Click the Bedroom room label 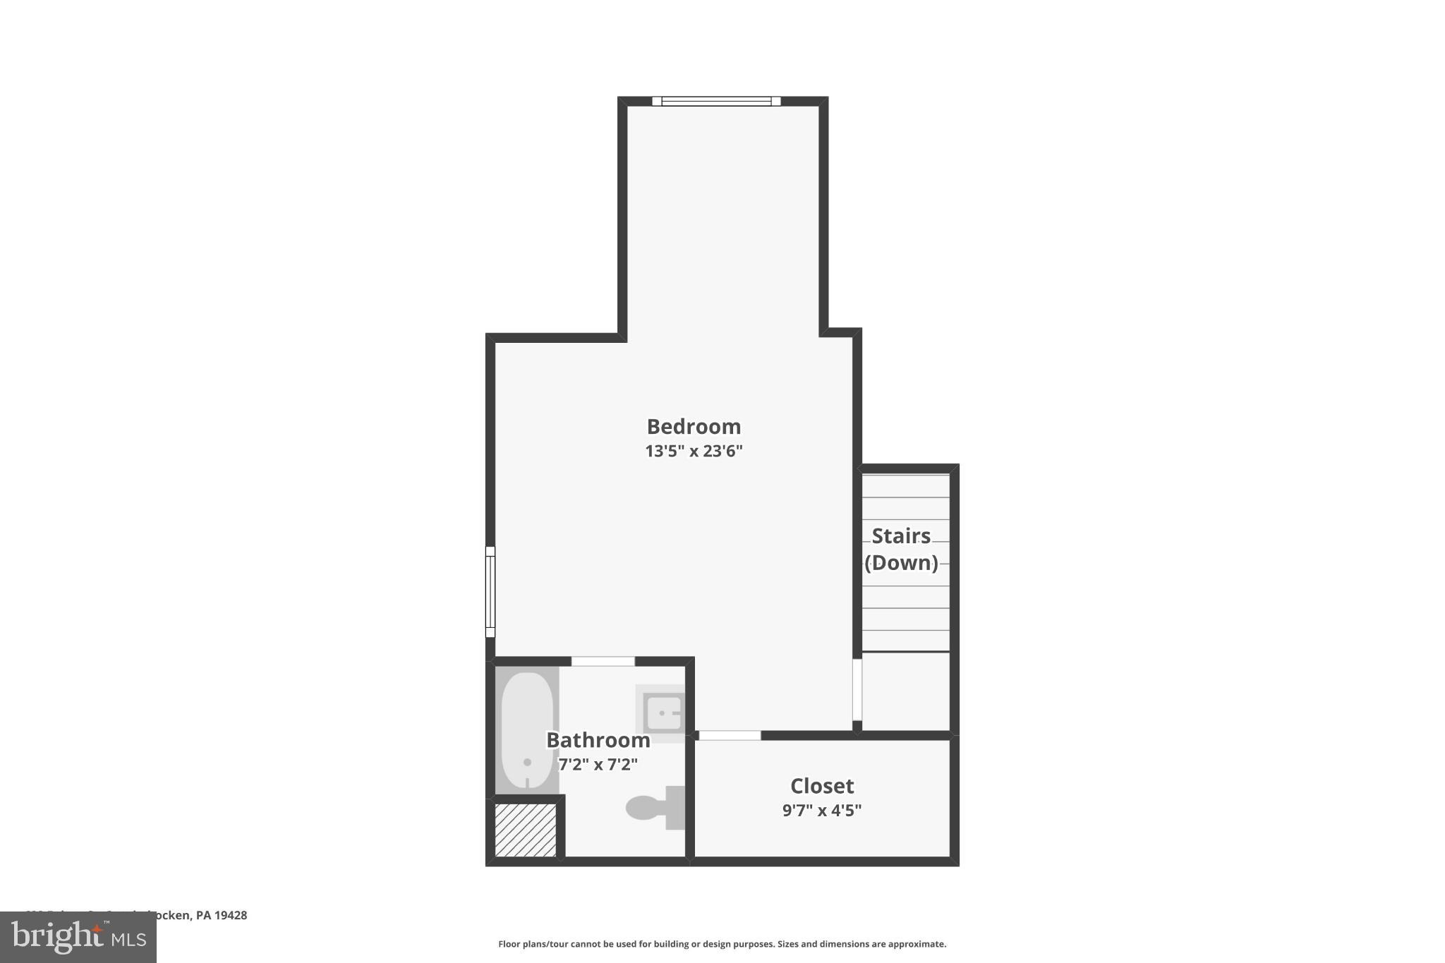[x=694, y=427]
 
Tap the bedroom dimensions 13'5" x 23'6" [x=694, y=452]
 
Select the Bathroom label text [x=598, y=740]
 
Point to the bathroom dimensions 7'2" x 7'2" [x=598, y=764]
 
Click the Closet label [x=822, y=786]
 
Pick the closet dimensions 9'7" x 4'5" [x=822, y=810]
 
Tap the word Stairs [x=901, y=536]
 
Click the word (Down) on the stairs [x=901, y=562]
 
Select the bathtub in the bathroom [x=526, y=730]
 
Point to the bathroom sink [x=663, y=713]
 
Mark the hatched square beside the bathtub [x=526, y=830]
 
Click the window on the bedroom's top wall [x=716, y=101]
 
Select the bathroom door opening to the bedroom [x=603, y=661]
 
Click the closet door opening [x=730, y=735]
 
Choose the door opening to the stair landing [x=857, y=689]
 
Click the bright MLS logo [x=78, y=938]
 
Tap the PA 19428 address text [x=222, y=916]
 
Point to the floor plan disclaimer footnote [x=722, y=944]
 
